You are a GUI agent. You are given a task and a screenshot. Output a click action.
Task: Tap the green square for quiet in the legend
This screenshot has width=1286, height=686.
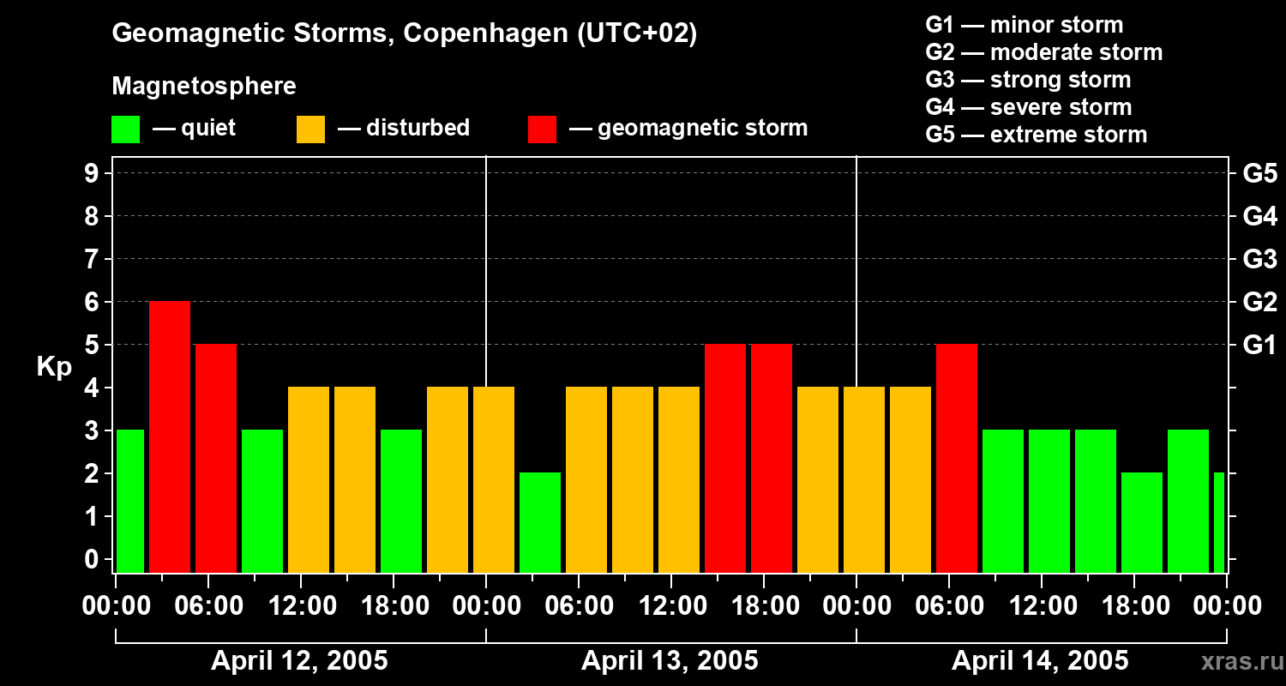pyautogui.click(x=125, y=129)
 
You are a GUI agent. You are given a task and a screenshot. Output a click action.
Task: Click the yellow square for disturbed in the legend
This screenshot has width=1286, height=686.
pyautogui.click(x=310, y=129)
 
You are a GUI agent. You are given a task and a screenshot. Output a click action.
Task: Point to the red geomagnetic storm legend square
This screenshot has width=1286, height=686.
pyautogui.click(x=542, y=129)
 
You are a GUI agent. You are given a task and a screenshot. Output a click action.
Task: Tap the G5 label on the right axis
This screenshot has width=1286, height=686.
pyautogui.click(x=1259, y=173)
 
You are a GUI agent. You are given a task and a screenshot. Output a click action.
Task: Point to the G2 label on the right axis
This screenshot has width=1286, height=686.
pyautogui.click(x=1259, y=302)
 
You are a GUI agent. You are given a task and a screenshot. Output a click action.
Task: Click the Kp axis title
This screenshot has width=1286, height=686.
pyautogui.click(x=54, y=367)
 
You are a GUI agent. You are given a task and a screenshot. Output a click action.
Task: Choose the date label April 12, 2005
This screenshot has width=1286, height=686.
pyautogui.click(x=299, y=661)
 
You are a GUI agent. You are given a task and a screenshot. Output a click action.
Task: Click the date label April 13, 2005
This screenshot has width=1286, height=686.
pyautogui.click(x=670, y=661)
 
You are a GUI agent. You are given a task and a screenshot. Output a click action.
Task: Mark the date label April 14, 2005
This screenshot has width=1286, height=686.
pyautogui.click(x=1040, y=661)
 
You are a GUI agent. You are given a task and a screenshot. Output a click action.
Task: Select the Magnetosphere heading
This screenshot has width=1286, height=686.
pyautogui.click(x=204, y=87)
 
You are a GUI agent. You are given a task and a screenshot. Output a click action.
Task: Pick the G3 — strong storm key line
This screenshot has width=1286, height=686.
pyautogui.click(x=1028, y=80)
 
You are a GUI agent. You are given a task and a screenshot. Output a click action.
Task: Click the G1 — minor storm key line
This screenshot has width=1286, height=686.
pyautogui.click(x=1024, y=25)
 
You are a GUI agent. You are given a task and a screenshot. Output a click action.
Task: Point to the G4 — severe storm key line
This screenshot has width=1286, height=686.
pyautogui.click(x=1029, y=107)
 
